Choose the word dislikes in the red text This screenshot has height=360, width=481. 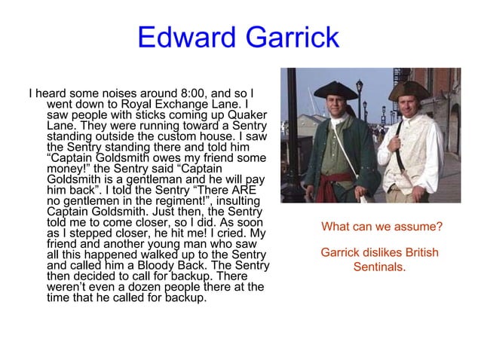coord(380,252)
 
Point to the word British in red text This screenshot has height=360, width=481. coord(421,252)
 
